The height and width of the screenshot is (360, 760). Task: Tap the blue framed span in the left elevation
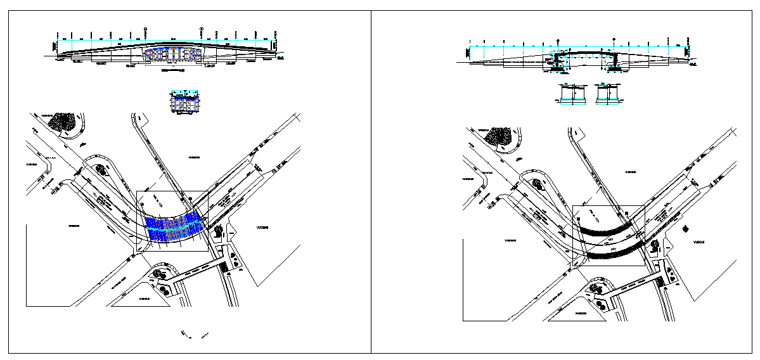point(172,55)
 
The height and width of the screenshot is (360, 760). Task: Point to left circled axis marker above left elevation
point(146,29)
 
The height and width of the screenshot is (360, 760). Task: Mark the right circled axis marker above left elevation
point(202,29)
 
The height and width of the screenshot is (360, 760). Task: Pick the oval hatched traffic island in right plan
point(538,184)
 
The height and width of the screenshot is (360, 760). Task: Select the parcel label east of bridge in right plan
point(699,242)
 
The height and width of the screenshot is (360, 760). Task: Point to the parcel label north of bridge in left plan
point(194,155)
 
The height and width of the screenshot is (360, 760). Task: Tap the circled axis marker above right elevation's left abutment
point(558,39)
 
